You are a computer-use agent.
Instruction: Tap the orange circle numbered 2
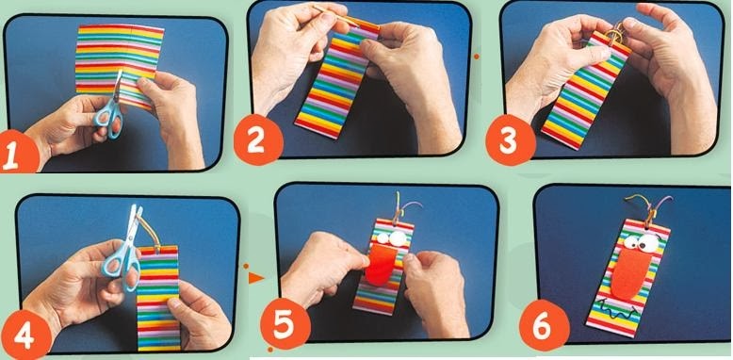[x=257, y=139]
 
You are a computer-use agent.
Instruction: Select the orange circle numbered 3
[x=511, y=140]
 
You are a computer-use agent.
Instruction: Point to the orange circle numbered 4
[x=26, y=335]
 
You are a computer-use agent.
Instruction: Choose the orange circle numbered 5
[x=285, y=324]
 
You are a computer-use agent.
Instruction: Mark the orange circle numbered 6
[x=545, y=325]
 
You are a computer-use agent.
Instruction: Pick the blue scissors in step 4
[x=123, y=248]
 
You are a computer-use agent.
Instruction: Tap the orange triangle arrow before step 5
[x=255, y=278]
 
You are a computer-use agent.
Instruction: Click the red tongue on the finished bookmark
[x=630, y=274]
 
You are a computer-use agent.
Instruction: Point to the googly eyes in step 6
[x=642, y=241]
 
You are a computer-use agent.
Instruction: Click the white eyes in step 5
[x=393, y=238]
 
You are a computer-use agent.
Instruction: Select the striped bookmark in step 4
[x=158, y=299]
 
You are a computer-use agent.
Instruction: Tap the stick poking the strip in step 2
[x=335, y=15]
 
